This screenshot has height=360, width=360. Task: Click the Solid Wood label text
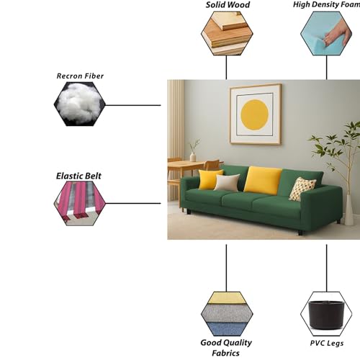coord(228,5)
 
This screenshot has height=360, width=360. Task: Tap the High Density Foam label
coord(326,4)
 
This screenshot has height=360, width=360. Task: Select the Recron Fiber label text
coord(80,76)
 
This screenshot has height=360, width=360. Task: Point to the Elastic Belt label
coord(78,176)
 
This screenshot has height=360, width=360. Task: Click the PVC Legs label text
coord(327,343)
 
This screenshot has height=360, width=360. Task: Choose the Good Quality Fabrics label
coord(226,348)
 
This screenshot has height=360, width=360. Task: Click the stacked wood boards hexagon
coord(227,33)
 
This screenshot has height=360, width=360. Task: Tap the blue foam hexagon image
coord(326,33)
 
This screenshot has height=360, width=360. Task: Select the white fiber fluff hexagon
coord(80,104)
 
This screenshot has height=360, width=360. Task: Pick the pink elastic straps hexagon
coord(80,203)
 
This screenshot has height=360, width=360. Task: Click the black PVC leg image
coord(326,315)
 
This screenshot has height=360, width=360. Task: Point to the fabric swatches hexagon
coord(227,314)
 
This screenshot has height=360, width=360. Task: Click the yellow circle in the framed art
coord(255,114)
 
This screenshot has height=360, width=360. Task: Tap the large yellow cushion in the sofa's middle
coord(263,180)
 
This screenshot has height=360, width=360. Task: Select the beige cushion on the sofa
coord(227,182)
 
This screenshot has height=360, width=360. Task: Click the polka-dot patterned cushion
coord(302,189)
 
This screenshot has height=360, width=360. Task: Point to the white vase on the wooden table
coord(193,157)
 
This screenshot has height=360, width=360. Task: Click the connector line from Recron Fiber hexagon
coord(133,105)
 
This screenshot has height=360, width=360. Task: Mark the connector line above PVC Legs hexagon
coord(326,268)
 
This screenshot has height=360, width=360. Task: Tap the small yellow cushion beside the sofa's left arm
coord(210,179)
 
